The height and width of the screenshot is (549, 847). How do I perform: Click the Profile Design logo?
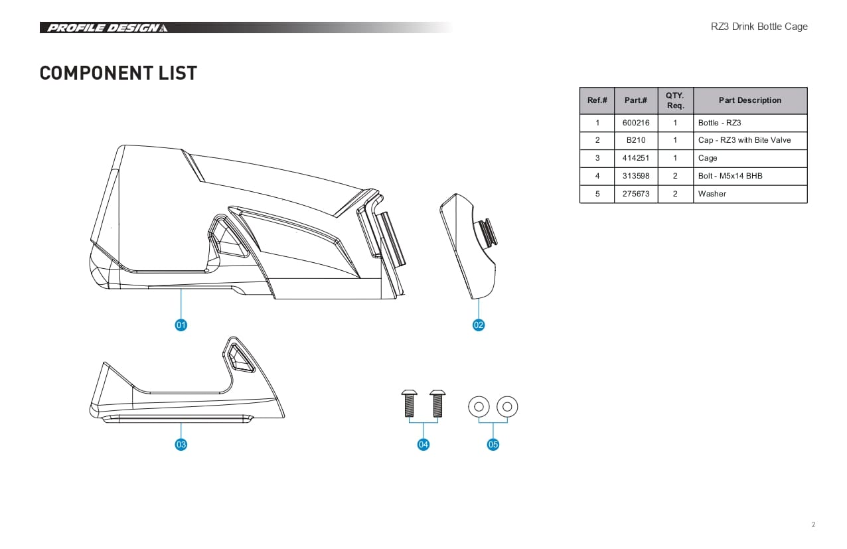point(108,28)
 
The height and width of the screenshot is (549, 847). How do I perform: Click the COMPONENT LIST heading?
point(118,73)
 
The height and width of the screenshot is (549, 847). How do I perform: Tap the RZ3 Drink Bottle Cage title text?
point(759,27)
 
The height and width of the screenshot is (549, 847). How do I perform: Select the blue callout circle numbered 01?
point(181,325)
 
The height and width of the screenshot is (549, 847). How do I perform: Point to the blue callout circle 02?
point(479,325)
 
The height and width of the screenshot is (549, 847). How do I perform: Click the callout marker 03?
point(181,445)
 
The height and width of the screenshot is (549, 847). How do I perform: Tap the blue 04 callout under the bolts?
point(424,445)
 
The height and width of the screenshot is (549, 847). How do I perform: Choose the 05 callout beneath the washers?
point(493,445)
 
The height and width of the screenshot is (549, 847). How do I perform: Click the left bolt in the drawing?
point(409,404)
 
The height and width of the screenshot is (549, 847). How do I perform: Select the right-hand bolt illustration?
point(437,404)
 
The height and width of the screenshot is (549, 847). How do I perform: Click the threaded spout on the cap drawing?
point(487,232)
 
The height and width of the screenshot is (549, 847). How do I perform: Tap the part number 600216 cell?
point(636,123)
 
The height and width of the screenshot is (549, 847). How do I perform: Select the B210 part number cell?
point(636,140)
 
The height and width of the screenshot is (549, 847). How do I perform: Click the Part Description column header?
point(750,101)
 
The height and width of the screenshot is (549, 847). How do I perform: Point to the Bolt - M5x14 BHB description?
point(730,176)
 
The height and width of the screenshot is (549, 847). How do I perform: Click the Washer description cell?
point(750,194)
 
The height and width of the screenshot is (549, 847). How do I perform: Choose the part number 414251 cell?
point(636,158)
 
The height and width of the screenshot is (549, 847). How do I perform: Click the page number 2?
point(813,524)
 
